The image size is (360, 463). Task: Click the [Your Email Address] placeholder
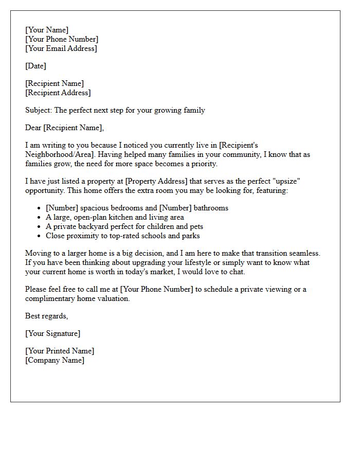pos(61,48)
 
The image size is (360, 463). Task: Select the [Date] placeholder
pos(35,66)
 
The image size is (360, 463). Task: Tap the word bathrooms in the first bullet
pos(211,208)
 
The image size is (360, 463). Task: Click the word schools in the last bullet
pos(151,236)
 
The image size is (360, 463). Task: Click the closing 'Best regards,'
pos(46,316)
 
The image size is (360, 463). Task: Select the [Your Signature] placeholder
pos(52,333)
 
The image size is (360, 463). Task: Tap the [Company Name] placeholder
pos(55,360)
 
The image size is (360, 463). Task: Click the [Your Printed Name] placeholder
pos(60,351)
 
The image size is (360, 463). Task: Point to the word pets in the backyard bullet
pos(195,226)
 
